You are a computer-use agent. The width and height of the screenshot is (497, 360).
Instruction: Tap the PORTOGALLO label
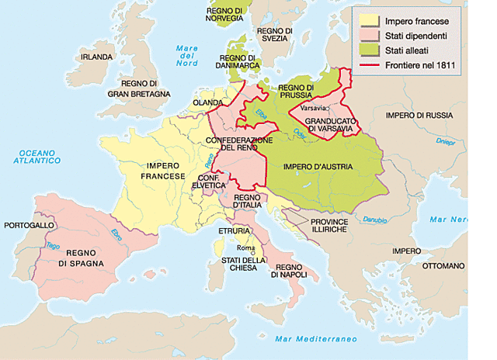point(30,224)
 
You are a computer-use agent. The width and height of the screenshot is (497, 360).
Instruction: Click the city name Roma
point(245,247)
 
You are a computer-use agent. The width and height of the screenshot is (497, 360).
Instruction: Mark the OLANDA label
point(208,101)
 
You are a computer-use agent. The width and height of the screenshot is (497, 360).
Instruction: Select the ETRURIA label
point(234,231)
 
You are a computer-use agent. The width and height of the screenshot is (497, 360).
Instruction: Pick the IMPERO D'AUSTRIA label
point(318,167)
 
